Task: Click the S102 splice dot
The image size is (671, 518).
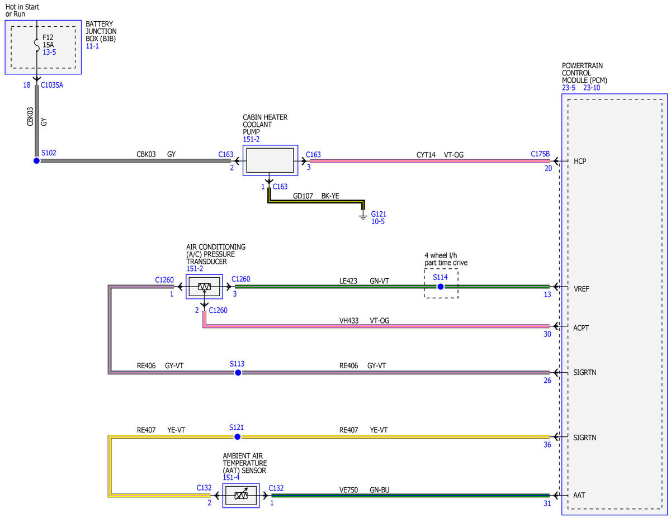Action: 36,161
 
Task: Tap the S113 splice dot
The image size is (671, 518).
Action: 238,373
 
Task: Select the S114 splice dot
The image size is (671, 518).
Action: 440,287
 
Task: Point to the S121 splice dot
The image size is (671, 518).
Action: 237,436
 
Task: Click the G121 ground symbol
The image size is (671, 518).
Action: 363,215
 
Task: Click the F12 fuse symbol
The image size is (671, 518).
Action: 37,45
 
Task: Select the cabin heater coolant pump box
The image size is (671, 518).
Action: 270,160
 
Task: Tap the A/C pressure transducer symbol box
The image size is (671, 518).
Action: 204,287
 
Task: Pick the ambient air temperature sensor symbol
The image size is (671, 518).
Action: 241,496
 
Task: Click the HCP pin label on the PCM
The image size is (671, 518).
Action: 580,161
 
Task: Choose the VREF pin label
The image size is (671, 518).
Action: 581,289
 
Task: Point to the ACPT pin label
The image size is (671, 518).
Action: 581,327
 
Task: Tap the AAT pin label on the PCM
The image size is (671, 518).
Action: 579,495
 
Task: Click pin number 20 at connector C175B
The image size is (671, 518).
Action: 548,168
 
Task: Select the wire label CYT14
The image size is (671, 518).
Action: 426,155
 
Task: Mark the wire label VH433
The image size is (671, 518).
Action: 348,321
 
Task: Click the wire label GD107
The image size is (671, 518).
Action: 303,196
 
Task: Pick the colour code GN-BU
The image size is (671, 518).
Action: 380,490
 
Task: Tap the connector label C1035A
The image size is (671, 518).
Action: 52,85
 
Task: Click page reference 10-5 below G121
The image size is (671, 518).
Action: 377,221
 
